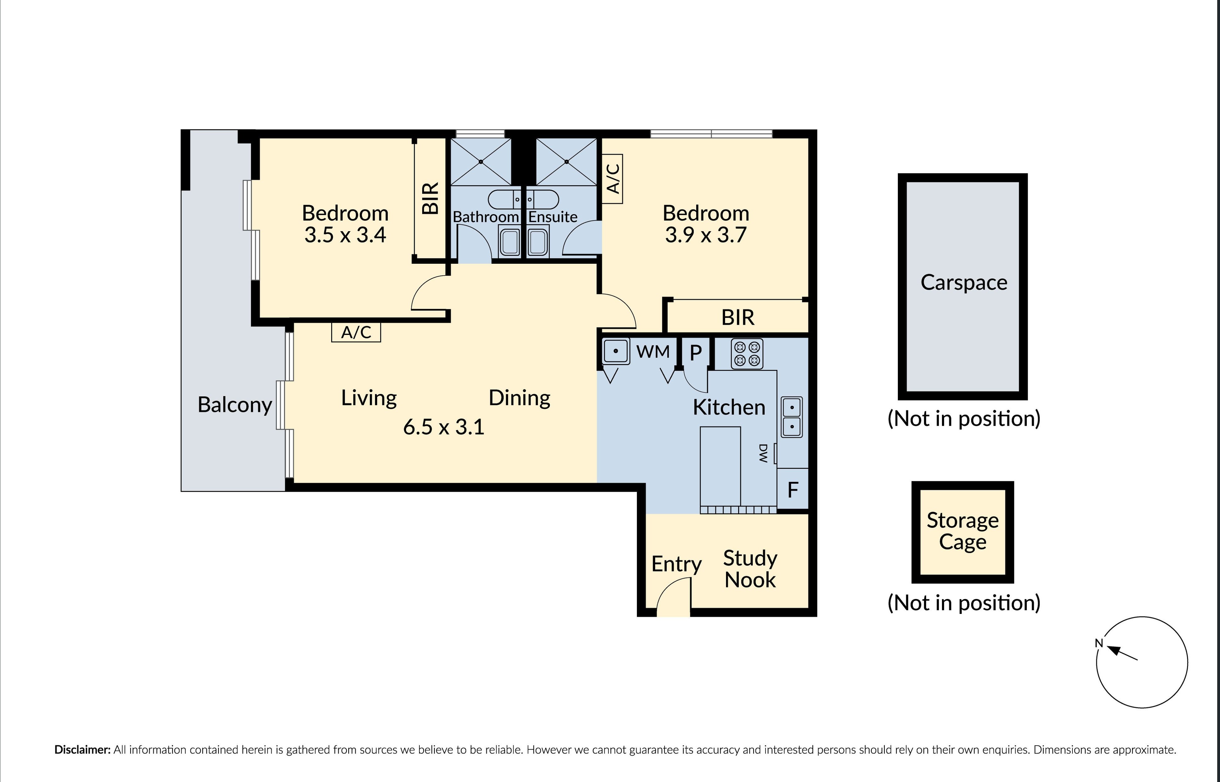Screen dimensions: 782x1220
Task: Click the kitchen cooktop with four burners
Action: point(747,354)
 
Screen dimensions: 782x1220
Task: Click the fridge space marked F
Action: point(793,490)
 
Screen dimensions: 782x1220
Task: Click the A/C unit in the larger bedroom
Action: point(613,179)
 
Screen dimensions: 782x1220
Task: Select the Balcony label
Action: point(235,405)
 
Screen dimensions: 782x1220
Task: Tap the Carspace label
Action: point(964,282)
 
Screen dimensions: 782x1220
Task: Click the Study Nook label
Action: point(750,569)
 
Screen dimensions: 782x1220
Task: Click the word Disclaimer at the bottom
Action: point(82,749)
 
